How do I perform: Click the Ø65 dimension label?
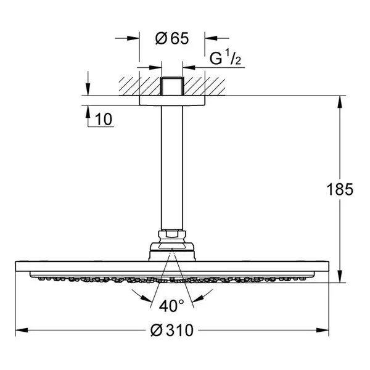(x=172, y=38)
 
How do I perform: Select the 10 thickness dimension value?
(x=104, y=119)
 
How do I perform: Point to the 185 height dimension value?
(x=340, y=189)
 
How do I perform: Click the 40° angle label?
(x=171, y=306)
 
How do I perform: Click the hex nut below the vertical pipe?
(x=172, y=234)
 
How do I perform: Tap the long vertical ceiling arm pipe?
(x=172, y=168)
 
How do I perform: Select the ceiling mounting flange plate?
(x=172, y=101)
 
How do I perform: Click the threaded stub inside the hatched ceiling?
(x=172, y=86)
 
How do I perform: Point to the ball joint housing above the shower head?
(x=172, y=252)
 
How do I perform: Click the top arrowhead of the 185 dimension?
(x=340, y=102)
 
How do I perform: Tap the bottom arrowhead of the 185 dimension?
(x=340, y=276)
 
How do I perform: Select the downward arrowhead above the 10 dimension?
(x=88, y=89)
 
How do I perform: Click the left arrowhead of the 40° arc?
(x=147, y=298)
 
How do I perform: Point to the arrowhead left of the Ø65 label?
(x=133, y=38)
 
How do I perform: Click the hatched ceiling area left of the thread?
(x=140, y=86)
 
